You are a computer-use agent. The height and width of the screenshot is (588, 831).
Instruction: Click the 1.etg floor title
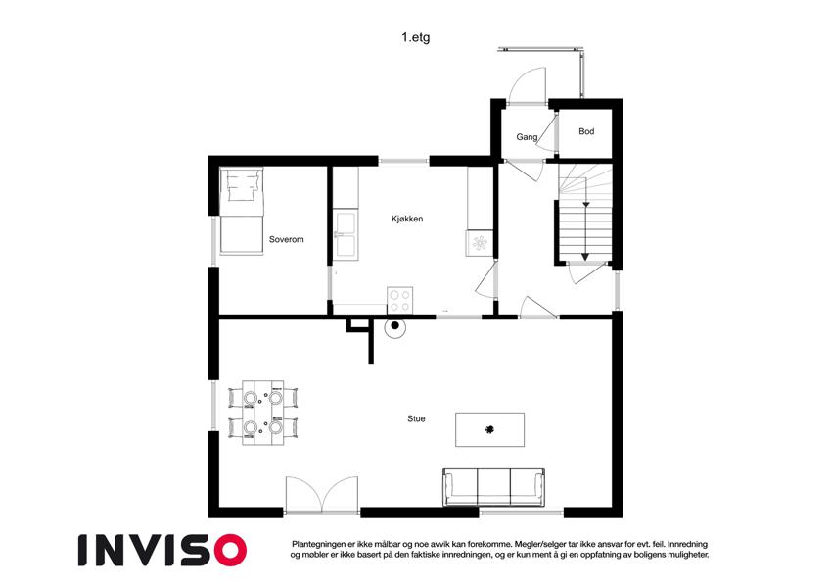click(415, 37)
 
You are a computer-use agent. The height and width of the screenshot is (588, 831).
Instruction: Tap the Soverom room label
click(286, 239)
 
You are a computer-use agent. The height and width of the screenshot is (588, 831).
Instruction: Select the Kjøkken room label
click(407, 219)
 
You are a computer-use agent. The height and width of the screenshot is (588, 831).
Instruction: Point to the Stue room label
click(416, 418)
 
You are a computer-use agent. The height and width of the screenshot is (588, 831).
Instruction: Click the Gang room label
click(527, 137)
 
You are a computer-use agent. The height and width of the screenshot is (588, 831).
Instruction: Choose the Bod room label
click(586, 131)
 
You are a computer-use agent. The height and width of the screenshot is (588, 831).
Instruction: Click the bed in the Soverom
click(242, 211)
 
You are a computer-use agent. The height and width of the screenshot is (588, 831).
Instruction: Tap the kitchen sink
click(346, 233)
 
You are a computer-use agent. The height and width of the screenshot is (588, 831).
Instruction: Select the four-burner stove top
click(399, 300)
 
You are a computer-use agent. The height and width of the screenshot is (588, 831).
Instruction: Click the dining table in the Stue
click(263, 413)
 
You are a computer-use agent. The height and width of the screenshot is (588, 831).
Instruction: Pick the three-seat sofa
click(494, 487)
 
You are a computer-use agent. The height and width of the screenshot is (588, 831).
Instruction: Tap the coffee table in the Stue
click(489, 430)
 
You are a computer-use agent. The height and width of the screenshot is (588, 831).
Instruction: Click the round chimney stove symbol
click(394, 327)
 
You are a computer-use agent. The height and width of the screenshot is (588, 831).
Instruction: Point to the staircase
click(585, 214)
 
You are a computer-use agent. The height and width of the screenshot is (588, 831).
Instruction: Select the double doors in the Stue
click(322, 494)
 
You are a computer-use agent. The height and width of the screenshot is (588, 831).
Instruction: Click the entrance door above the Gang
click(528, 85)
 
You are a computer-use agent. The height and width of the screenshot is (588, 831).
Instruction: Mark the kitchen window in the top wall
click(404, 161)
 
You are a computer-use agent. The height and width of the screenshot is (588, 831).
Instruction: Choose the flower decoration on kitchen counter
click(480, 244)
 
